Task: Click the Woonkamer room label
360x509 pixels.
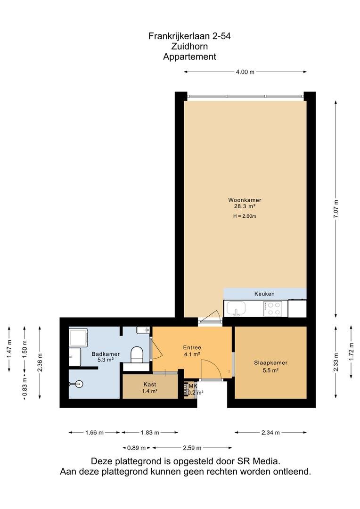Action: click(245, 200)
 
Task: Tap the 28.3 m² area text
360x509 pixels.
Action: click(245, 206)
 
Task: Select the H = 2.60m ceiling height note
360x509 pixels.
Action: click(245, 216)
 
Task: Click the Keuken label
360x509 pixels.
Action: click(264, 294)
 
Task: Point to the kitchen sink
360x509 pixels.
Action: click(237, 309)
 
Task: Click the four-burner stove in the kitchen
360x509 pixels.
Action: click(273, 309)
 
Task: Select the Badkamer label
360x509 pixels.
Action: click(106, 354)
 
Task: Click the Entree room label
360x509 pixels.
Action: click(192, 348)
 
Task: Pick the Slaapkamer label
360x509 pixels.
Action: click(270, 363)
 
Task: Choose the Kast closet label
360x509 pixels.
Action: click(150, 385)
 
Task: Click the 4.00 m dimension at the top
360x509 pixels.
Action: click(245, 72)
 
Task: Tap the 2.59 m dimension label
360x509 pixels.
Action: click(192, 448)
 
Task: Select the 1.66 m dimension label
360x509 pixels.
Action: click(94, 432)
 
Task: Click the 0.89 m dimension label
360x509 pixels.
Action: click(136, 448)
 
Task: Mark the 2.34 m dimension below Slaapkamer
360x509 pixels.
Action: click(270, 432)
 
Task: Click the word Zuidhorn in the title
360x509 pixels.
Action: click(189, 46)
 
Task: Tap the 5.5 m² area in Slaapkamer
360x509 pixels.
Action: click(270, 370)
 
